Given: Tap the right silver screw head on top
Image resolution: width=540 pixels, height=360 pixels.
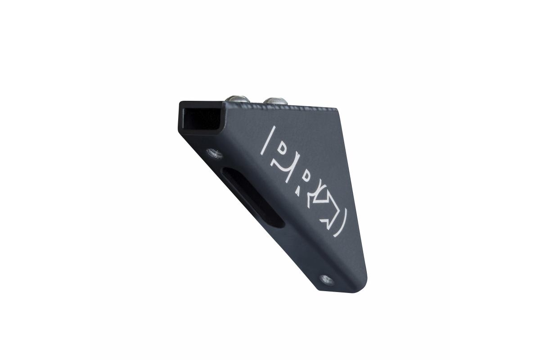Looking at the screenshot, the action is (275, 100).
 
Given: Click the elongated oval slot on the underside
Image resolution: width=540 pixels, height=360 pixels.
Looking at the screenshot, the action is (252, 197).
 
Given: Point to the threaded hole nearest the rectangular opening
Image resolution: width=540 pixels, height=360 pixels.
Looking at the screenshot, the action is (214, 153).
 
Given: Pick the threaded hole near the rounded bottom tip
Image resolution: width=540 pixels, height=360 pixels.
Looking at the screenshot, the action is (327, 280).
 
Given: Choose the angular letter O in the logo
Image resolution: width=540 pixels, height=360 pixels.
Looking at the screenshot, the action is (328, 207).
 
